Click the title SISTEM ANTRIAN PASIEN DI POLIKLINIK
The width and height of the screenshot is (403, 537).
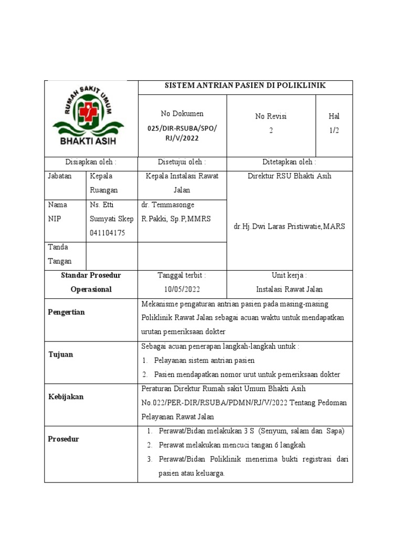pyautogui.click(x=246, y=85)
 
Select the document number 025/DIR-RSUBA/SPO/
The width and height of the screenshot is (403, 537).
pyautogui.click(x=182, y=128)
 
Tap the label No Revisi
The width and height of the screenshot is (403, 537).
pyautogui.click(x=271, y=116)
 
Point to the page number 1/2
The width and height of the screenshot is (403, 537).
pyautogui.click(x=334, y=131)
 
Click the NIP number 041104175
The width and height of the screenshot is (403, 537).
pyautogui.click(x=108, y=233)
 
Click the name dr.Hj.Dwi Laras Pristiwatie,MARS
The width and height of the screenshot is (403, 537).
pyautogui.click(x=290, y=226)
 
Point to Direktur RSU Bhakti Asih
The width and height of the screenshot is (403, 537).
pyautogui.click(x=289, y=176)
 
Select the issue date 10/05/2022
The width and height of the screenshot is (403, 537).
pyautogui.click(x=182, y=289)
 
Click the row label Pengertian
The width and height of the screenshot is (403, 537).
pyautogui.click(x=67, y=312)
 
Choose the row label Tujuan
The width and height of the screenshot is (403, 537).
pyautogui.click(x=61, y=355)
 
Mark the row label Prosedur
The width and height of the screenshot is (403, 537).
pyautogui.click(x=64, y=439)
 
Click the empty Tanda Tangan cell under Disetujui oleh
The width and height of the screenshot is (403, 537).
pyautogui.click(x=182, y=254)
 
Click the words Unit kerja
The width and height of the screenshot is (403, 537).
pyautogui.click(x=289, y=275)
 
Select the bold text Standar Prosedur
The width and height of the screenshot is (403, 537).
pyautogui.click(x=91, y=275)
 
